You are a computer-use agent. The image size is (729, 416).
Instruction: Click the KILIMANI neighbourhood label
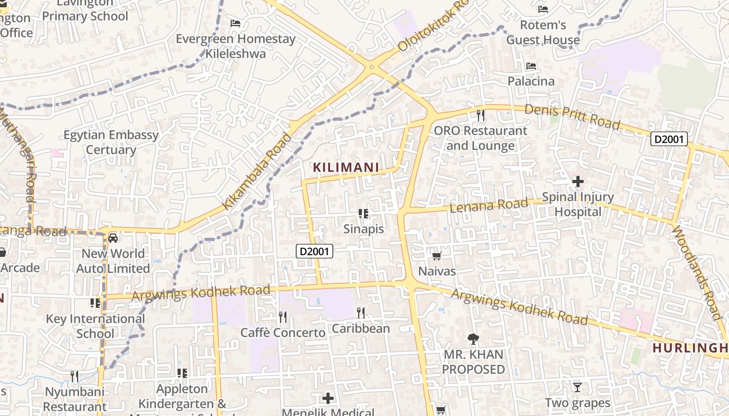tap(346, 167)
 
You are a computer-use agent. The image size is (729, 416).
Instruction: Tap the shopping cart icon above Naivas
tap(437, 255)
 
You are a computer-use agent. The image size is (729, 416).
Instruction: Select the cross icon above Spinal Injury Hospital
tap(578, 181)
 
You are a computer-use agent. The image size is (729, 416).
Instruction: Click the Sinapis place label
tap(363, 229)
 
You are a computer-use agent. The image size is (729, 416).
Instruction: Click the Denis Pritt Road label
tap(572, 117)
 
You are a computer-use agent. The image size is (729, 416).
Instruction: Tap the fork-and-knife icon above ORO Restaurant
tap(481, 115)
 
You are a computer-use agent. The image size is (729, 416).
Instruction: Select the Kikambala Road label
tap(257, 172)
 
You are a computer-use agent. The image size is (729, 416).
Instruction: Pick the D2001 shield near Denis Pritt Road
tap(669, 139)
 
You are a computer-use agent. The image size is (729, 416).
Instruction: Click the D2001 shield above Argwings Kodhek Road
tap(315, 252)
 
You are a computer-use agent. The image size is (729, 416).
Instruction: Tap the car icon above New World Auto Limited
tap(113, 238)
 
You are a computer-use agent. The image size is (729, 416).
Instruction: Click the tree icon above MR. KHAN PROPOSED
tap(473, 339)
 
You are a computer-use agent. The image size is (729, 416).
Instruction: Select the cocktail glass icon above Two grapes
tap(577, 387)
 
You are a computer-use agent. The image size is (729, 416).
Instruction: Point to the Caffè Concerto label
tap(283, 332)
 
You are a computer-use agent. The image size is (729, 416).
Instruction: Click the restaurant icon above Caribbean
tap(360, 313)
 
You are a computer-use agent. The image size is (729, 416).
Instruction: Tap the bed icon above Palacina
tap(531, 66)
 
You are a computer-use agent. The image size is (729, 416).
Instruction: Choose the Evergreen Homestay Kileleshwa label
tap(235, 46)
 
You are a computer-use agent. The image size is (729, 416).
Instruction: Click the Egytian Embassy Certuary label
tap(111, 142)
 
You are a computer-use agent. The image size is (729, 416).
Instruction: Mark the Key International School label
tap(95, 326)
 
